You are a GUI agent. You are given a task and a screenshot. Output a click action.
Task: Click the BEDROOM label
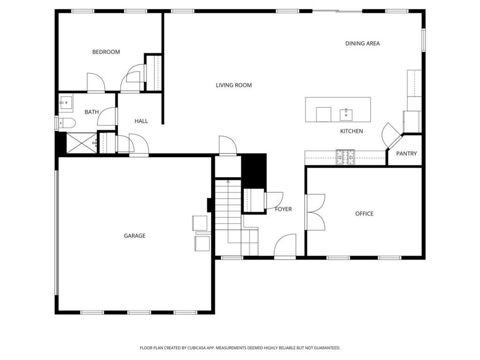click(106, 52)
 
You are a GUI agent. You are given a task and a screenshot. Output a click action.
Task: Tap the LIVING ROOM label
click(233, 85)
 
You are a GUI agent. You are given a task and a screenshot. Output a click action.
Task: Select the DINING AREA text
click(362, 44)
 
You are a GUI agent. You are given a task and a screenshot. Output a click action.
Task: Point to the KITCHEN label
click(351, 131)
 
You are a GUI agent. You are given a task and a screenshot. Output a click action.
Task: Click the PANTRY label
click(406, 154)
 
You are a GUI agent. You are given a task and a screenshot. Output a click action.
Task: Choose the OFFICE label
click(364, 214)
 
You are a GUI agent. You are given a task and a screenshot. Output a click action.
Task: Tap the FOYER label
click(283, 209)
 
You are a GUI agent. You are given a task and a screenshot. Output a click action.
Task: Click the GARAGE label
click(135, 236)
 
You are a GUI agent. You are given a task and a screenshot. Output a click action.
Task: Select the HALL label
click(141, 121)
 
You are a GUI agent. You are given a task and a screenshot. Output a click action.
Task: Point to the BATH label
click(91, 112)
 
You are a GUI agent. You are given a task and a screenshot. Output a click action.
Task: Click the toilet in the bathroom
click(66, 123)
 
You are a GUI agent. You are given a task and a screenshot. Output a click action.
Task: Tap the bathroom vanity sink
click(66, 102)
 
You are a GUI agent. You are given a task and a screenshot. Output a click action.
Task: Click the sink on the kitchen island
click(346, 113)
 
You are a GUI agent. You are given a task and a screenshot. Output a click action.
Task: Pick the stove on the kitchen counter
click(345, 157)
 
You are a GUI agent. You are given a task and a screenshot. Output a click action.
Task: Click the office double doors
click(315, 212)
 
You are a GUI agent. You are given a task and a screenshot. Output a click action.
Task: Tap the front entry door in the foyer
click(285, 247)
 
